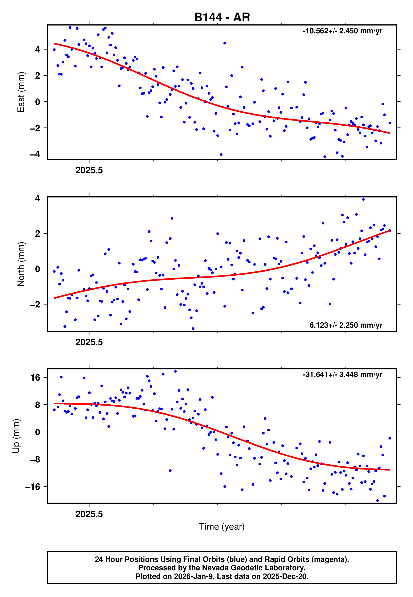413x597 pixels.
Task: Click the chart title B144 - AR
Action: [222, 17]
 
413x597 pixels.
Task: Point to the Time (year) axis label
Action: [222, 527]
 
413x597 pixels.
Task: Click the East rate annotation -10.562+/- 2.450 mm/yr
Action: [342, 31]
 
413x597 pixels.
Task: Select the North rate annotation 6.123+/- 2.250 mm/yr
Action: [346, 325]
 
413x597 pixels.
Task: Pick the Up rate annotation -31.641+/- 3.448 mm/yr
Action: [342, 374]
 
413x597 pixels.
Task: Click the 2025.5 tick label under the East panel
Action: [89, 170]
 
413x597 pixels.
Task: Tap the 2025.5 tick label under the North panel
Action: [89, 342]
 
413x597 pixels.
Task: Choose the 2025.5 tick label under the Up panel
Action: [89, 514]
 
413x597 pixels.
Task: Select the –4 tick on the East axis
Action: [35, 154]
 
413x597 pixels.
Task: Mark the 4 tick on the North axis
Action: [38, 198]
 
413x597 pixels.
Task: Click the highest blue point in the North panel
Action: [363, 199]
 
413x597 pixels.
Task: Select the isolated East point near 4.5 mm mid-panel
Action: [225, 43]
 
